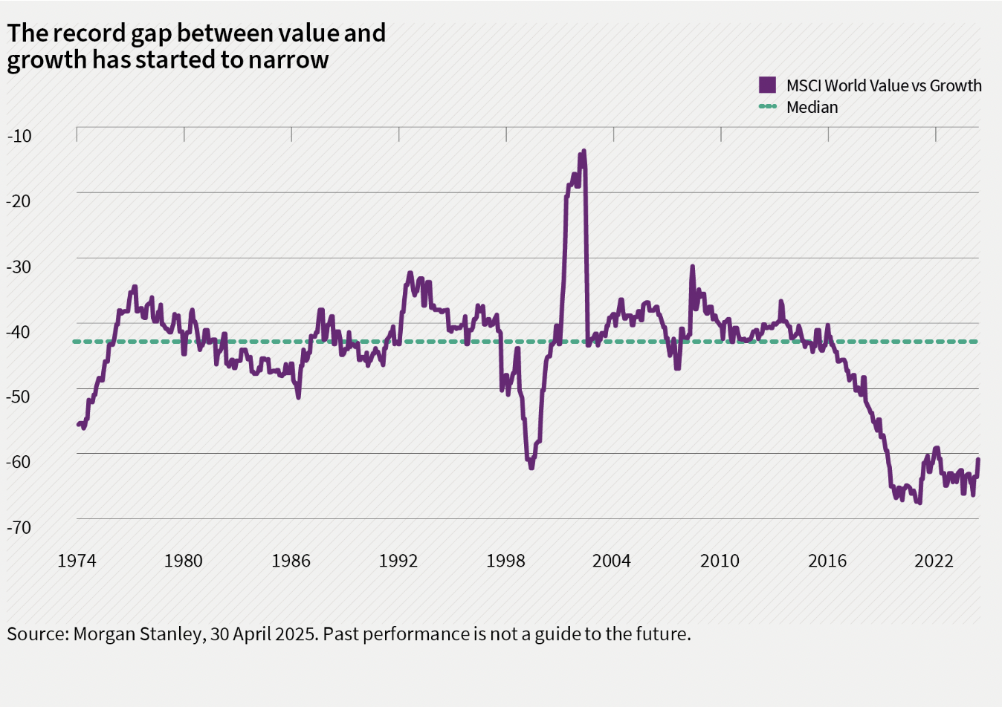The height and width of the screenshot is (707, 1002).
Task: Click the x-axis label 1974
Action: (x=77, y=561)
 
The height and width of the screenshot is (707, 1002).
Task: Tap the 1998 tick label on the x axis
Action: (x=505, y=561)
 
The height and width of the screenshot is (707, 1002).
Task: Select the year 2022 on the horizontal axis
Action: (x=934, y=561)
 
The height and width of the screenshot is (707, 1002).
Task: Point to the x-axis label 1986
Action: (x=291, y=561)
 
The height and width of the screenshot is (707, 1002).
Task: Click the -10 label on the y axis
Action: (x=19, y=136)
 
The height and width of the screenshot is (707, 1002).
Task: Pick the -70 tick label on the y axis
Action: (x=19, y=527)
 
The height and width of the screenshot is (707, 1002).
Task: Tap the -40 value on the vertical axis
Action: (x=19, y=331)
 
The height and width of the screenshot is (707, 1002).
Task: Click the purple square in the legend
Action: (x=767, y=85)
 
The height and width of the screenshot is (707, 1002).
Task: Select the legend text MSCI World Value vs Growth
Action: (x=884, y=85)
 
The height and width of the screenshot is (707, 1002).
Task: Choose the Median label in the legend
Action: (x=812, y=107)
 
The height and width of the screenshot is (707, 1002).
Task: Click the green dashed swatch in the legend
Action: (x=767, y=107)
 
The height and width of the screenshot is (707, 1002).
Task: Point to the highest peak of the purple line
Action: (x=584, y=151)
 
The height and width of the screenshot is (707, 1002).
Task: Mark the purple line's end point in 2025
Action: (x=978, y=460)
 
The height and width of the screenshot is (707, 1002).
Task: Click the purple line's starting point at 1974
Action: (x=78, y=424)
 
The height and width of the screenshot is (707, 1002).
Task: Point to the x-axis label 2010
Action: (x=720, y=561)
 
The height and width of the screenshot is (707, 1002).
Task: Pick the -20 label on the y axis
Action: (x=19, y=201)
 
